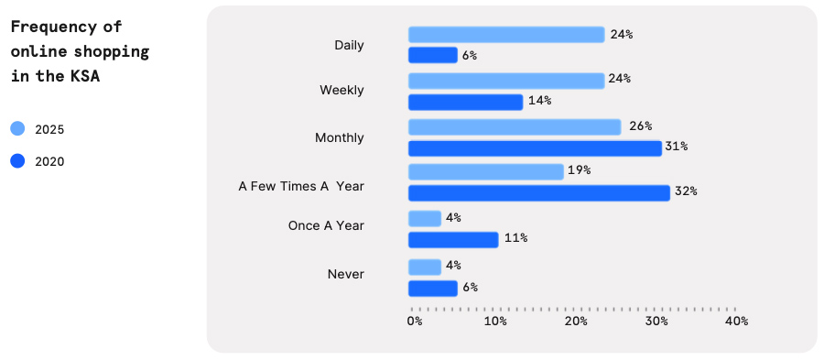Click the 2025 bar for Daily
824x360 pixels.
pos(506,35)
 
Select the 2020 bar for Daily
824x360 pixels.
pos(432,55)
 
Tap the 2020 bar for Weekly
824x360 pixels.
pos(465,102)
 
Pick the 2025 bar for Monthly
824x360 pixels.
pos(515,126)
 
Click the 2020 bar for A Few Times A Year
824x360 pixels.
pos(538,192)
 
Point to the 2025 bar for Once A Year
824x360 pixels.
pos(425,218)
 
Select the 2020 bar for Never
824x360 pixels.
pos(432,289)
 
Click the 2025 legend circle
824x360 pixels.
pos(18,129)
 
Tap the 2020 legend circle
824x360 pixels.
pos(18,161)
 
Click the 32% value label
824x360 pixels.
pos(686,191)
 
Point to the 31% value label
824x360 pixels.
pos(677,147)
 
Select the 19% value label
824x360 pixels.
pos(579,170)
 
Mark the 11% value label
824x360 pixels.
pos(515,238)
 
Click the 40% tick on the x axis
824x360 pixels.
pos(736,322)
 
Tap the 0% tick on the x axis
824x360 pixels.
pos(415,322)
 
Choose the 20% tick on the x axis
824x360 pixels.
pos(576,322)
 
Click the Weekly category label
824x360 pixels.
pos(342,91)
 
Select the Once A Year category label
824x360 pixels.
pos(326,226)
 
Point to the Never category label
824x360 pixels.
pos(345,274)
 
